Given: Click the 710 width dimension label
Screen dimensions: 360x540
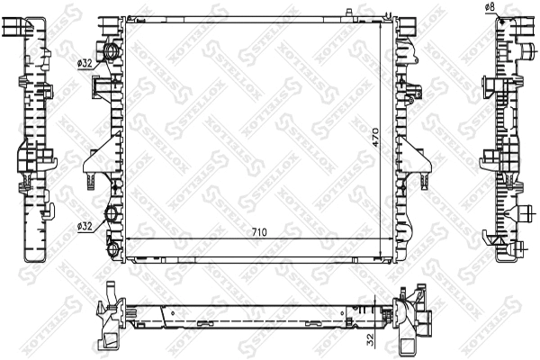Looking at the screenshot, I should click(259, 232).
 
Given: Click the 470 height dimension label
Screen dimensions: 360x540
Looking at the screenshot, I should click(375, 138).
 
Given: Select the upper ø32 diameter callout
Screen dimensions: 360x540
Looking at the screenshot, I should click(85, 63).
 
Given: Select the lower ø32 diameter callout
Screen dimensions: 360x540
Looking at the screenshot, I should click(85, 226).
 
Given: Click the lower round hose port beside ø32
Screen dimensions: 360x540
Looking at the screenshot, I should click(112, 215).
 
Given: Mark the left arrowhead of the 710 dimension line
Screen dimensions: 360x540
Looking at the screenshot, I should click(129, 238).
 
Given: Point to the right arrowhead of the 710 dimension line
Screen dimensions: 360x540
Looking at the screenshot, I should click(390, 238).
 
